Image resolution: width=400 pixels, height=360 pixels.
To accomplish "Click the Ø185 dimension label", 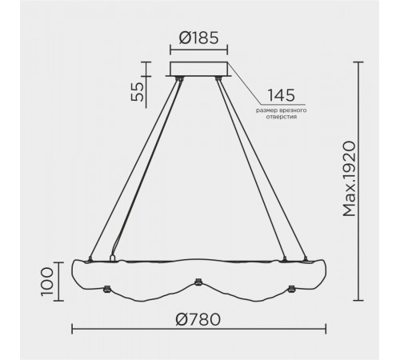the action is tap(198, 38).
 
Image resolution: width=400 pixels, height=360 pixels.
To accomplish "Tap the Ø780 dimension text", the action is tap(198, 319).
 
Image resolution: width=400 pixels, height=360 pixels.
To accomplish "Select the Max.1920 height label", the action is tap(350, 179).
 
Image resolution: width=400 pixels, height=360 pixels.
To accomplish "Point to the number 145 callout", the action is tap(281, 95).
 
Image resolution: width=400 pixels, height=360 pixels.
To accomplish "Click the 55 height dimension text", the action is tap(138, 92).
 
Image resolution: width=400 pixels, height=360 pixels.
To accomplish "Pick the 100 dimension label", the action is tap(47, 282).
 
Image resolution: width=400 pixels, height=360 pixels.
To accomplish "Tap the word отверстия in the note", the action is tap(282, 117).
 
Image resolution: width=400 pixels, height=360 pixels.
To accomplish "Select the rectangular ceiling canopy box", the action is tap(198, 69).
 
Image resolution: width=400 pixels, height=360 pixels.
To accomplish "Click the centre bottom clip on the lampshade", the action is tap(198, 282).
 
